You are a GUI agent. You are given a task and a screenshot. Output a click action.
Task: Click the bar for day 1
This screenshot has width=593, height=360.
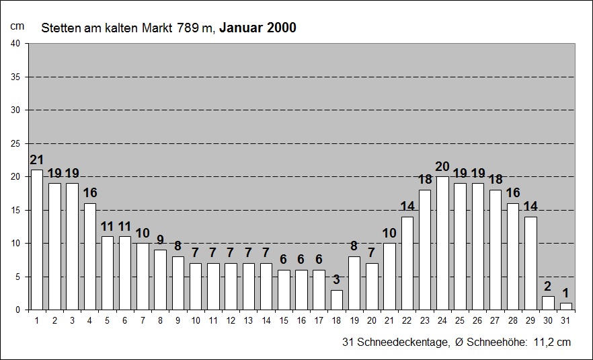coord(37,240)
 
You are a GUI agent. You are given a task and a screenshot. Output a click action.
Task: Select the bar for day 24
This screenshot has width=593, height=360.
coord(442,243)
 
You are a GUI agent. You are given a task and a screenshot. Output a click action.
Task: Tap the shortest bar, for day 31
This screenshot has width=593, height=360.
coord(565,306)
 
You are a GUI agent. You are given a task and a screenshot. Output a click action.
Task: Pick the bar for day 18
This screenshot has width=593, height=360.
coord(336,299)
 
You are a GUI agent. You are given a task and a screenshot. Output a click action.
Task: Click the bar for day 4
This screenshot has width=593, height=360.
coord(89,256)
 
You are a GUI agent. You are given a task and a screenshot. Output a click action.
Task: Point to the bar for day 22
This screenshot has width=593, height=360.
coord(407,263)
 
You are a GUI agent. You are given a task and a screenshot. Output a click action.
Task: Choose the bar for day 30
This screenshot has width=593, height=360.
coord(548,303)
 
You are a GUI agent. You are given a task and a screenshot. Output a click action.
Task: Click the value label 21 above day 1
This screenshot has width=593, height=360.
coord(37,160)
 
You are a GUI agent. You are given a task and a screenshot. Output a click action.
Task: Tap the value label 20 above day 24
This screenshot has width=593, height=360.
coord(442,167)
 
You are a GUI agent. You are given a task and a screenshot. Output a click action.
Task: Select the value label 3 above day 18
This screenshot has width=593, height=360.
coord(336,280)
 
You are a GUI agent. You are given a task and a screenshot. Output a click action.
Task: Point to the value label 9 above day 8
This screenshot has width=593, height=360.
coord(160,240)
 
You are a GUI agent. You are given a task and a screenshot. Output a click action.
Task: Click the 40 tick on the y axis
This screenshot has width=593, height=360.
coord(16,44)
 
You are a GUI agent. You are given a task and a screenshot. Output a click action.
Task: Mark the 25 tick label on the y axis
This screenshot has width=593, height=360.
coord(16,143)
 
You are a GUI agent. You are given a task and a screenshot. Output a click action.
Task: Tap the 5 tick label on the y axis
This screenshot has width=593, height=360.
coord(19,277)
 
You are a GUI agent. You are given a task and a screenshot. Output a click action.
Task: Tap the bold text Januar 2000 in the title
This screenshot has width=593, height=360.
coord(258,28)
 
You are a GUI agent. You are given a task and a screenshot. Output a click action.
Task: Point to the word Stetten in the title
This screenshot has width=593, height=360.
coord(58,28)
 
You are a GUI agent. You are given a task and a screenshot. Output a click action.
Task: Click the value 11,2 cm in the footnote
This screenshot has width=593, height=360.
coord(553,343)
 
